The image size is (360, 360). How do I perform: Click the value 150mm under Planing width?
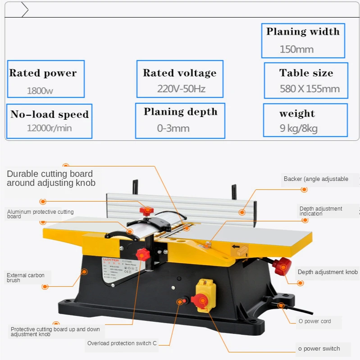point(296,49)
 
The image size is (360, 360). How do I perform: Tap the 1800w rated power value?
point(40,90)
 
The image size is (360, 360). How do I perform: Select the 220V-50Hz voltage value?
point(181,89)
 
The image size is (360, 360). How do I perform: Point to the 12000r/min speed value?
point(49,128)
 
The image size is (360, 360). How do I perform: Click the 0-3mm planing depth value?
point(173,128)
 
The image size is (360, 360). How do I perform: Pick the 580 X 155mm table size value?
point(310,89)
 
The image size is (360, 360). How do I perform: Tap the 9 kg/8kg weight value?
point(298,129)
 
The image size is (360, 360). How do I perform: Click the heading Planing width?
point(303,31)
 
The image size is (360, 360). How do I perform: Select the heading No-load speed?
point(50,114)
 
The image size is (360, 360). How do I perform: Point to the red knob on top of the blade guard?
point(146,210)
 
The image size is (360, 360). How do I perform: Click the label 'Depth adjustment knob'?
point(328,272)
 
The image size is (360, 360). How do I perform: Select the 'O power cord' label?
point(314,321)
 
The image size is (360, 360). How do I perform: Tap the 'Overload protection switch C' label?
point(122,343)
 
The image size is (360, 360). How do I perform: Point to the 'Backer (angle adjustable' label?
point(316,179)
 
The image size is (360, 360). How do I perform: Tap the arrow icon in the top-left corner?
point(25,9)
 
